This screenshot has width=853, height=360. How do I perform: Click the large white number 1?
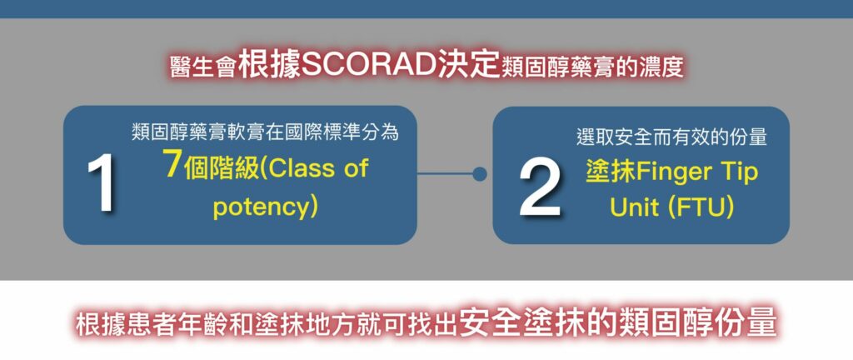coord(102,183)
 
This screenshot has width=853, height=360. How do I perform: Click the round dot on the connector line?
coord(479,174)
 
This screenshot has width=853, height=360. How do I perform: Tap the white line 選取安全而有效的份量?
coord(671,137)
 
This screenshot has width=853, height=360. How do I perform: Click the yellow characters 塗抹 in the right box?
coord(611,172)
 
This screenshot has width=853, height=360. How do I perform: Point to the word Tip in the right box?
coord(741,172)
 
